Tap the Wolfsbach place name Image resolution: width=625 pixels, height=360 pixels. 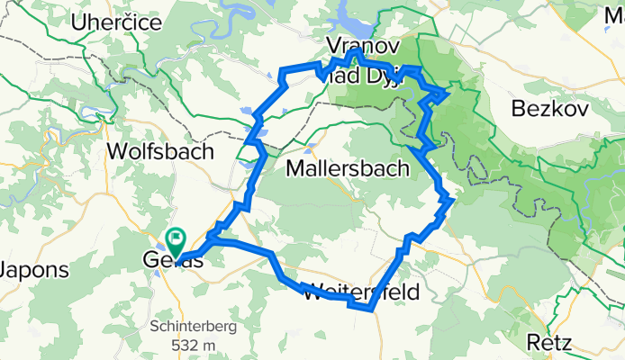tap(159, 149)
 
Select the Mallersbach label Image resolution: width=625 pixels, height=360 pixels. tap(348, 168)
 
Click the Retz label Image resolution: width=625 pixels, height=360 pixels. tap(551, 341)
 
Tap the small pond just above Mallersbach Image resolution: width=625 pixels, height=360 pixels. tap(312, 144)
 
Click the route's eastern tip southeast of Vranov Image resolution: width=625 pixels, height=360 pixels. tap(448, 90)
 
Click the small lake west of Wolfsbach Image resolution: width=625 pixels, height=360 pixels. tap(96, 113)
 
